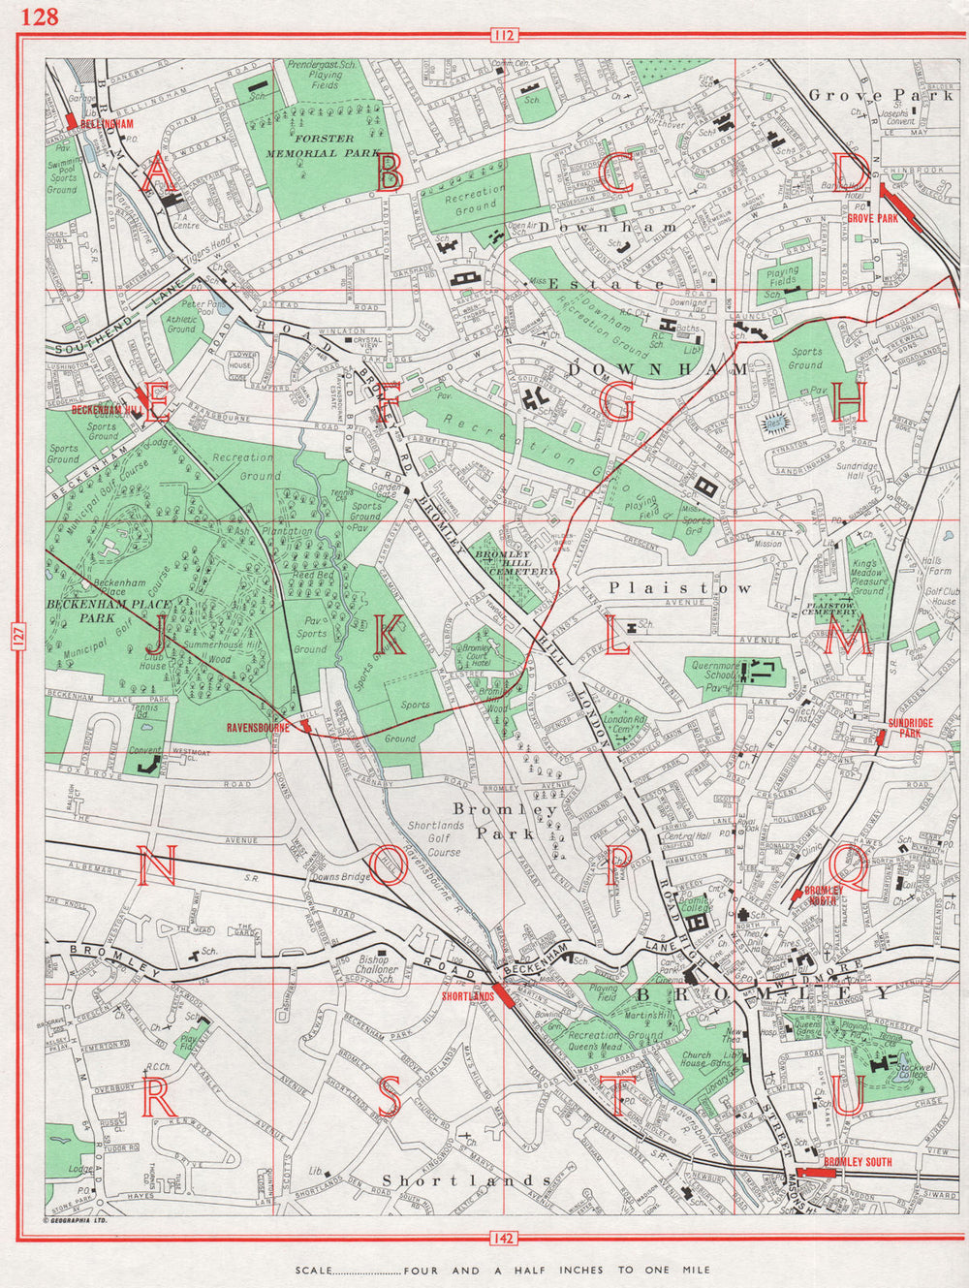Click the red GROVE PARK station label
tap(873, 219)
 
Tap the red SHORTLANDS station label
tap(467, 996)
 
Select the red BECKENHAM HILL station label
tap(107, 410)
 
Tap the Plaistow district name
tap(679, 587)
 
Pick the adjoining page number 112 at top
tap(504, 37)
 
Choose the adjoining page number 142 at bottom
tap(504, 1238)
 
